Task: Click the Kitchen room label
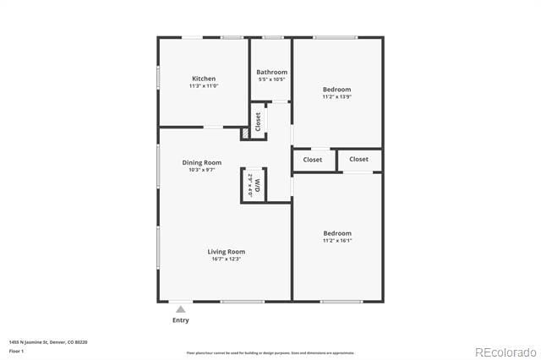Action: click(x=203, y=79)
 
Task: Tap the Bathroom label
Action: click(x=271, y=72)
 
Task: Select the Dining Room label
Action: click(x=202, y=162)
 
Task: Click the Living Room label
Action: click(x=227, y=251)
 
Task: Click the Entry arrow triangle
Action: click(x=180, y=310)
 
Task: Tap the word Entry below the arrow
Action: click(x=181, y=320)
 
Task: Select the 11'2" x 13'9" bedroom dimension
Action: click(x=336, y=96)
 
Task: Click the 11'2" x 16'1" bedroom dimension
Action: click(x=336, y=240)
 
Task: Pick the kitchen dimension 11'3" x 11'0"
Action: click(x=203, y=86)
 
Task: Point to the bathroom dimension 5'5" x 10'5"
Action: click(x=271, y=79)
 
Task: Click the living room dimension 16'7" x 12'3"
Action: click(x=227, y=259)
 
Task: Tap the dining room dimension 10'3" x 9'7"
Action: click(x=202, y=170)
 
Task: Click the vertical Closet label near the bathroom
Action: click(x=258, y=122)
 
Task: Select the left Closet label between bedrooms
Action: click(x=313, y=159)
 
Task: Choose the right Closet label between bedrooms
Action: click(x=358, y=159)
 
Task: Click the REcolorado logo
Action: click(x=505, y=352)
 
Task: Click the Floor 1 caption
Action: click(x=17, y=351)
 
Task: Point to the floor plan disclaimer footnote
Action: click(x=270, y=353)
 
